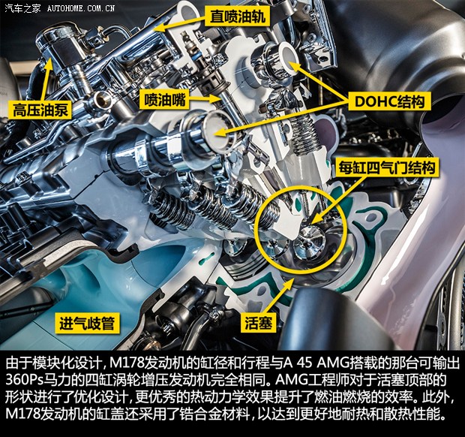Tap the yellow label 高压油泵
coord(40,110)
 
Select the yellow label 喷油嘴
coord(165,99)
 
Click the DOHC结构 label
coord(389,102)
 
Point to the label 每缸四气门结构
coord(387,169)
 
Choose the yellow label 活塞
coord(258,323)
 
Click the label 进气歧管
coord(87,323)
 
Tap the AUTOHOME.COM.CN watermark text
coord(81,8)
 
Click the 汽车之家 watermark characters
coord(22,8)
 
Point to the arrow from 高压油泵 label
coord(45,80)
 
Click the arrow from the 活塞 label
coord(277,296)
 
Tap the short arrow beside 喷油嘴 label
coord(205,99)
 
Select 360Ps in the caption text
coord(25,380)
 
